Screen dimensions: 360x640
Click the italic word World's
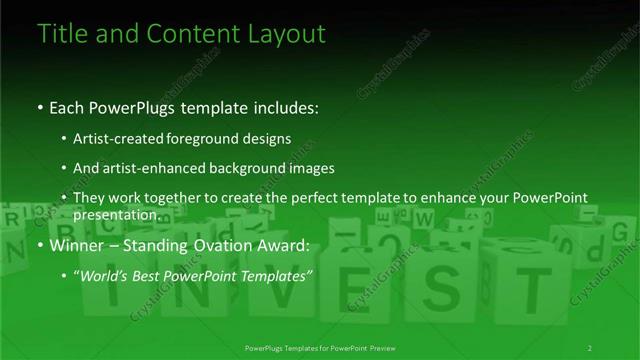[105, 275]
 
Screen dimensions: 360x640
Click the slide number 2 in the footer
[589, 347]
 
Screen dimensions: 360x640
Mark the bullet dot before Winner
[39, 245]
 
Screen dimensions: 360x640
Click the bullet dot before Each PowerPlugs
[39, 105]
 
